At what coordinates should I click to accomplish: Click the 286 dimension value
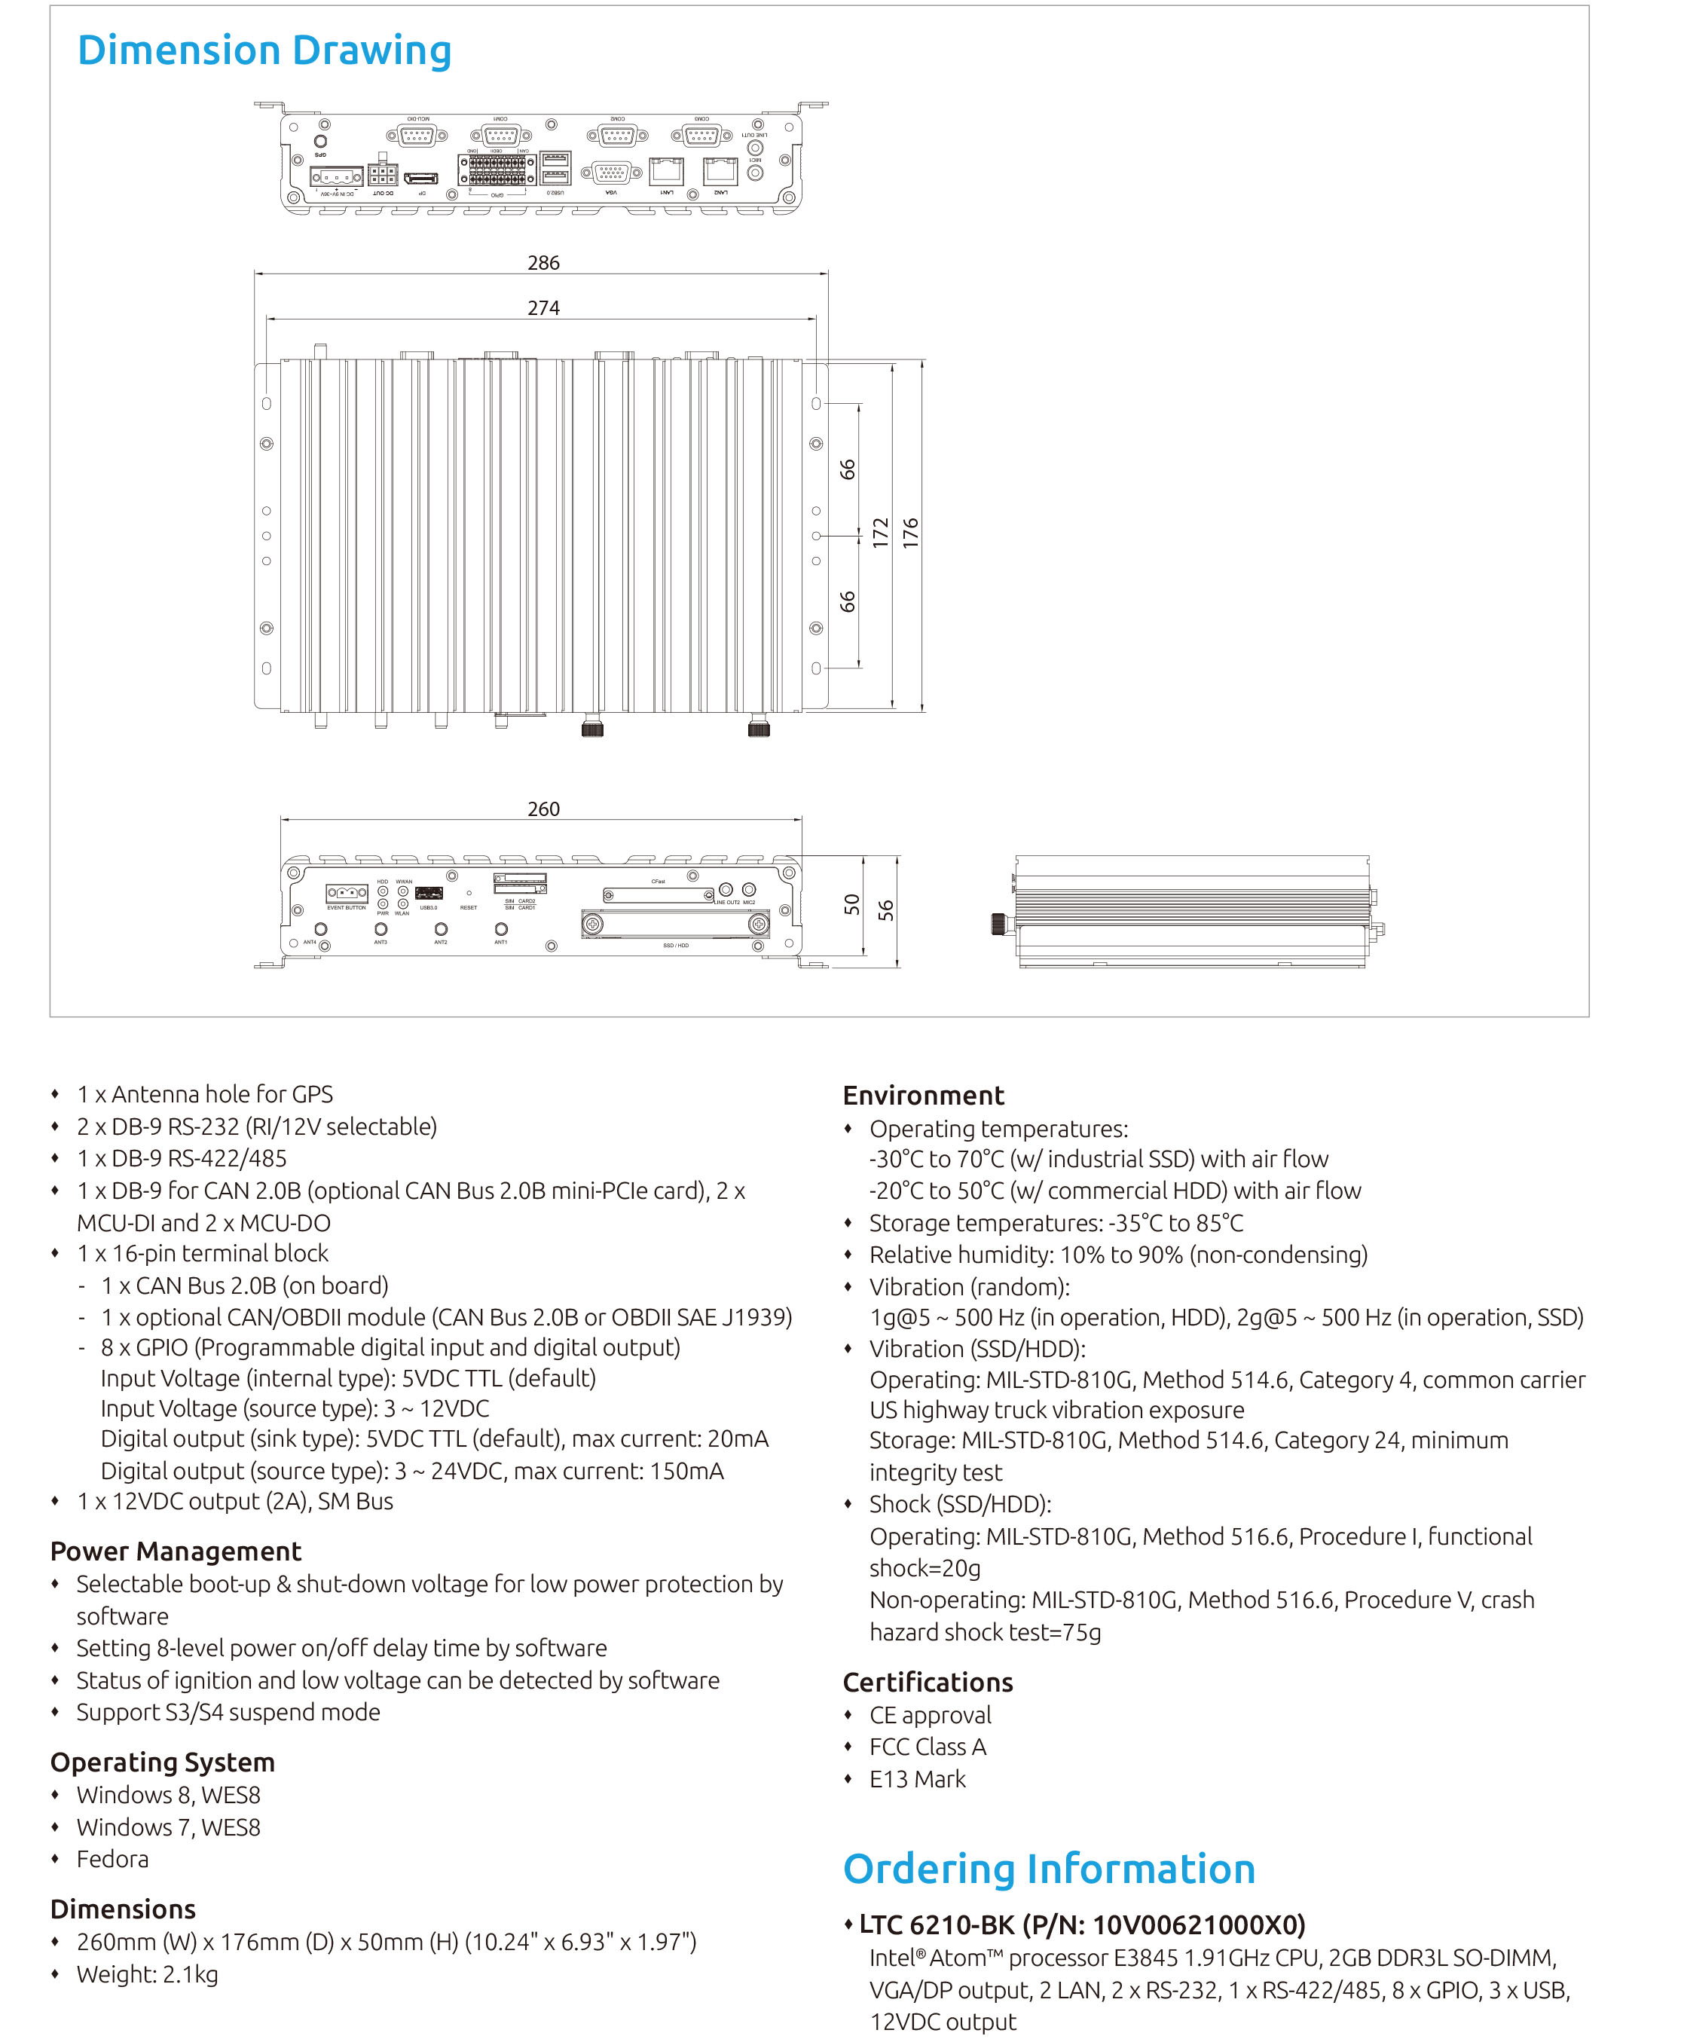point(543,263)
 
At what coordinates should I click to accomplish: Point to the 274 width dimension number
point(543,307)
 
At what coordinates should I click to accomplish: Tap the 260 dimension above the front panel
point(543,809)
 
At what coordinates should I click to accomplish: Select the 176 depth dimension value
point(910,533)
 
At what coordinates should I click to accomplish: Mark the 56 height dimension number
point(885,910)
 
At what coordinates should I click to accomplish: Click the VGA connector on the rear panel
point(611,173)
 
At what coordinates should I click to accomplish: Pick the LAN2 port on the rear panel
point(720,171)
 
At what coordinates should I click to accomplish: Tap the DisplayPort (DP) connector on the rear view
point(422,178)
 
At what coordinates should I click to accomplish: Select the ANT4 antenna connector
point(321,929)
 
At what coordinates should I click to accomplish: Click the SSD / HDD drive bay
point(675,925)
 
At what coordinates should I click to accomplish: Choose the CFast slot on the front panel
point(658,894)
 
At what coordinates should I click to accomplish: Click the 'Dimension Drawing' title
point(264,50)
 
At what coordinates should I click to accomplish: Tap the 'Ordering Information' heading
point(1049,1868)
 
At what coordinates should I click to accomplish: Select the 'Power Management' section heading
point(176,1551)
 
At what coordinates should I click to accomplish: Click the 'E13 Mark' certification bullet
point(917,1779)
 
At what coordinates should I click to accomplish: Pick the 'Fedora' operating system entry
point(112,1859)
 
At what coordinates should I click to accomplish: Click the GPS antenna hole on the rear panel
point(320,141)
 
